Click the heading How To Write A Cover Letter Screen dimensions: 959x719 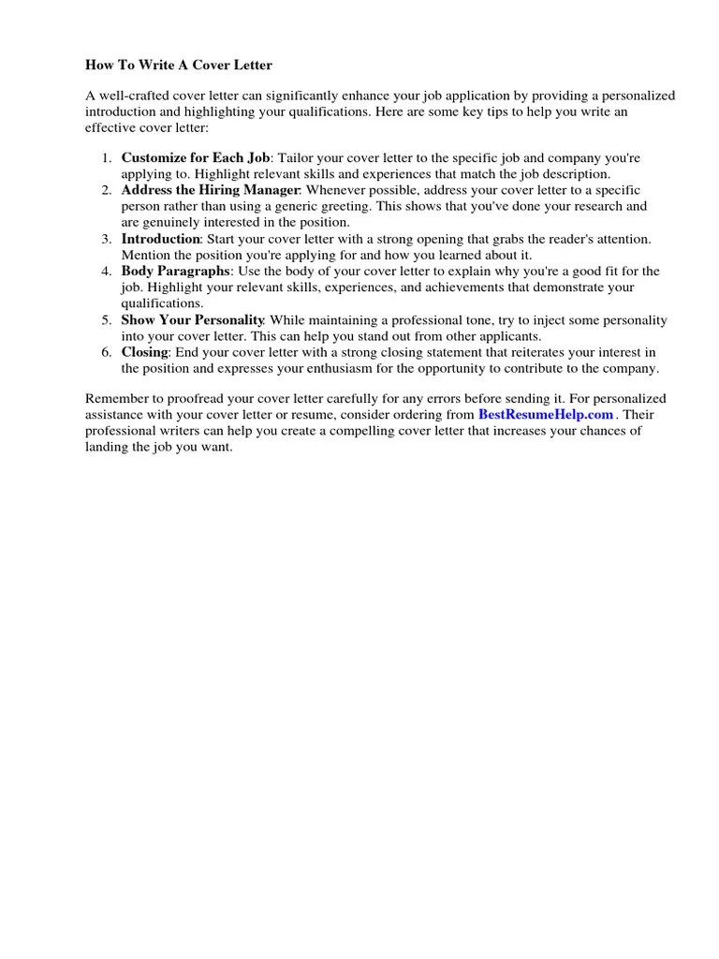179,66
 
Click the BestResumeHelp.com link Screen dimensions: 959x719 546,414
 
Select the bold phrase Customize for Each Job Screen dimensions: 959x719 196,158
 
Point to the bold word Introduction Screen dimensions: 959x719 161,239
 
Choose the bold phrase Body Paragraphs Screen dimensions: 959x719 175,272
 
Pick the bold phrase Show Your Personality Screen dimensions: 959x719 193,320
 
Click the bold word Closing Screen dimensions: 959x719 144,352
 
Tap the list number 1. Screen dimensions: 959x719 106,158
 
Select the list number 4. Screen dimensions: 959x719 106,272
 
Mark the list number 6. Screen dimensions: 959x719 106,352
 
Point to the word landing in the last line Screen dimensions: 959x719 107,447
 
